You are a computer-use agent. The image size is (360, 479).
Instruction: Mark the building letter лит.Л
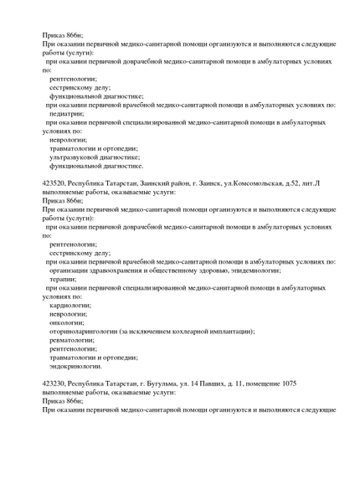(311, 182)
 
